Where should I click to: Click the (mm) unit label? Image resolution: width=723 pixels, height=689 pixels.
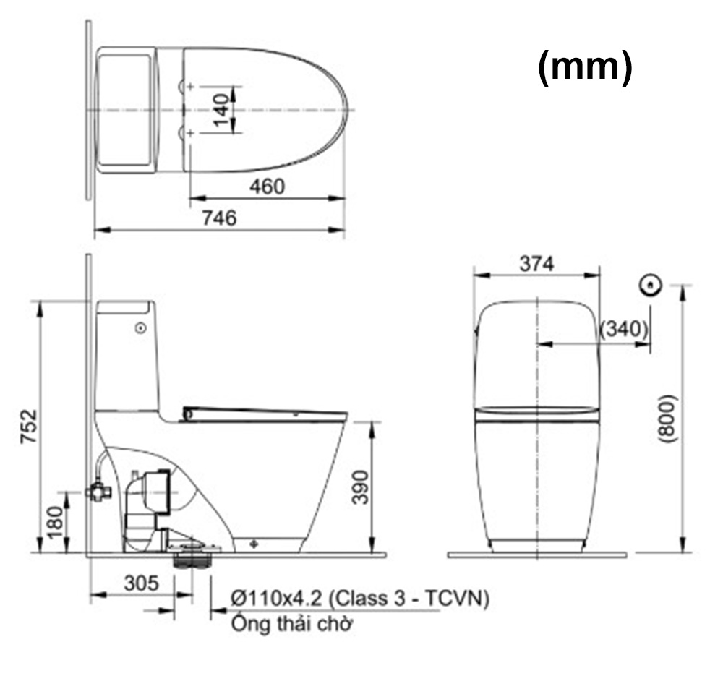585,68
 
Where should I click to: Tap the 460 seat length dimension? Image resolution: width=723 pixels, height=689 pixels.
267,187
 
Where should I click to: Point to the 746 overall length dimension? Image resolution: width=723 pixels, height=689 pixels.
218,218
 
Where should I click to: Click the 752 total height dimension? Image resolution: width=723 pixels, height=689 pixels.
28,427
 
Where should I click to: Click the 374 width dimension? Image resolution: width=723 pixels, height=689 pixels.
536,265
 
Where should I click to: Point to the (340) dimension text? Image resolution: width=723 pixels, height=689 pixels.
624,329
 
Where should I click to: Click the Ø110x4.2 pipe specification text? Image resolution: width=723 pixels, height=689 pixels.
359,599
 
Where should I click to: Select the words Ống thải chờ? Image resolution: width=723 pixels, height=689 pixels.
291,624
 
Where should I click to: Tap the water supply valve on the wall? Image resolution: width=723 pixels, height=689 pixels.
97,492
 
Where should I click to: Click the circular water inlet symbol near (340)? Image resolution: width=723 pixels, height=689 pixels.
651,285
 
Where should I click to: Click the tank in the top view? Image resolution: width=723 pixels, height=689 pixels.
127,110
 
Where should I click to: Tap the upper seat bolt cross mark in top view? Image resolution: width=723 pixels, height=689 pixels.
190,87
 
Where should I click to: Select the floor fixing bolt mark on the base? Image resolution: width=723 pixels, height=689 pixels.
253,542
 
